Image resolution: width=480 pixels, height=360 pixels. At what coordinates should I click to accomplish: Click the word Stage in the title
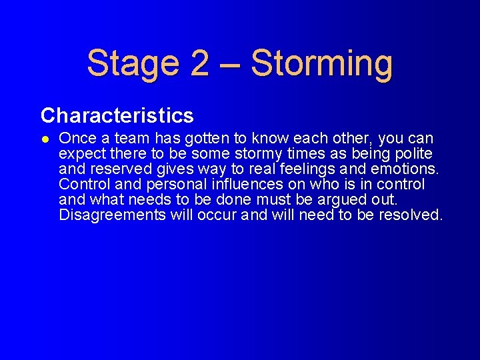tap(132, 63)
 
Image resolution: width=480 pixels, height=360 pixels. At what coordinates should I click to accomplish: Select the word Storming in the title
tap(322, 63)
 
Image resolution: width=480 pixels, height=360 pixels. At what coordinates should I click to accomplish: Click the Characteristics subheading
tap(117, 116)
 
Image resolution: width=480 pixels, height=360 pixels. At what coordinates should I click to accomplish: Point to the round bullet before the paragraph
tap(44, 139)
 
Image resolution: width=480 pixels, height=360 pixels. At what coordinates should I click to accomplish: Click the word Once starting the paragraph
tap(77, 139)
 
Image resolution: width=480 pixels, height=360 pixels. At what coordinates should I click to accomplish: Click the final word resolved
tap(411, 215)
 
